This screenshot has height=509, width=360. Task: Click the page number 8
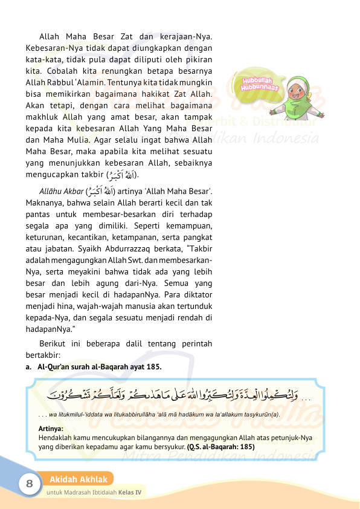(x=28, y=484)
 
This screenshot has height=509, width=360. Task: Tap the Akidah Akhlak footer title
(x=79, y=480)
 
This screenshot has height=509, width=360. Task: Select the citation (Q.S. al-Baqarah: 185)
(x=221, y=447)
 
